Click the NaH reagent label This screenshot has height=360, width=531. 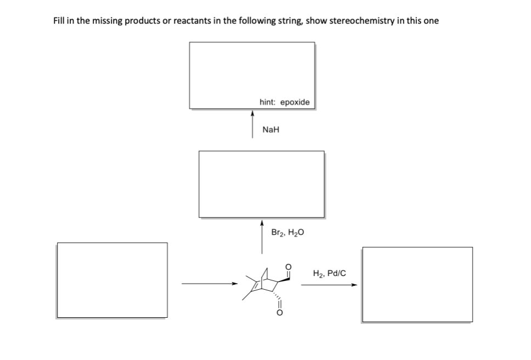[271, 130]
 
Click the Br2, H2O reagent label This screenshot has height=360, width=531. [287, 232]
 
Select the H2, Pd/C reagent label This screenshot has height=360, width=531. [329, 272]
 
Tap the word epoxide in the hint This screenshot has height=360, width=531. [295, 103]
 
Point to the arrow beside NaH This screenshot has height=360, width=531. [252, 125]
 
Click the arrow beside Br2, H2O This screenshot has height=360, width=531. [262, 237]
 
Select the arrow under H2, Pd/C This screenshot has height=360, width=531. [329, 284]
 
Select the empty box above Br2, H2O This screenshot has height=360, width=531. [261, 184]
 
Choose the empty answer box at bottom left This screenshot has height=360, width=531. [112, 280]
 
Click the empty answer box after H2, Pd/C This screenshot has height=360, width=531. [417, 284]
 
